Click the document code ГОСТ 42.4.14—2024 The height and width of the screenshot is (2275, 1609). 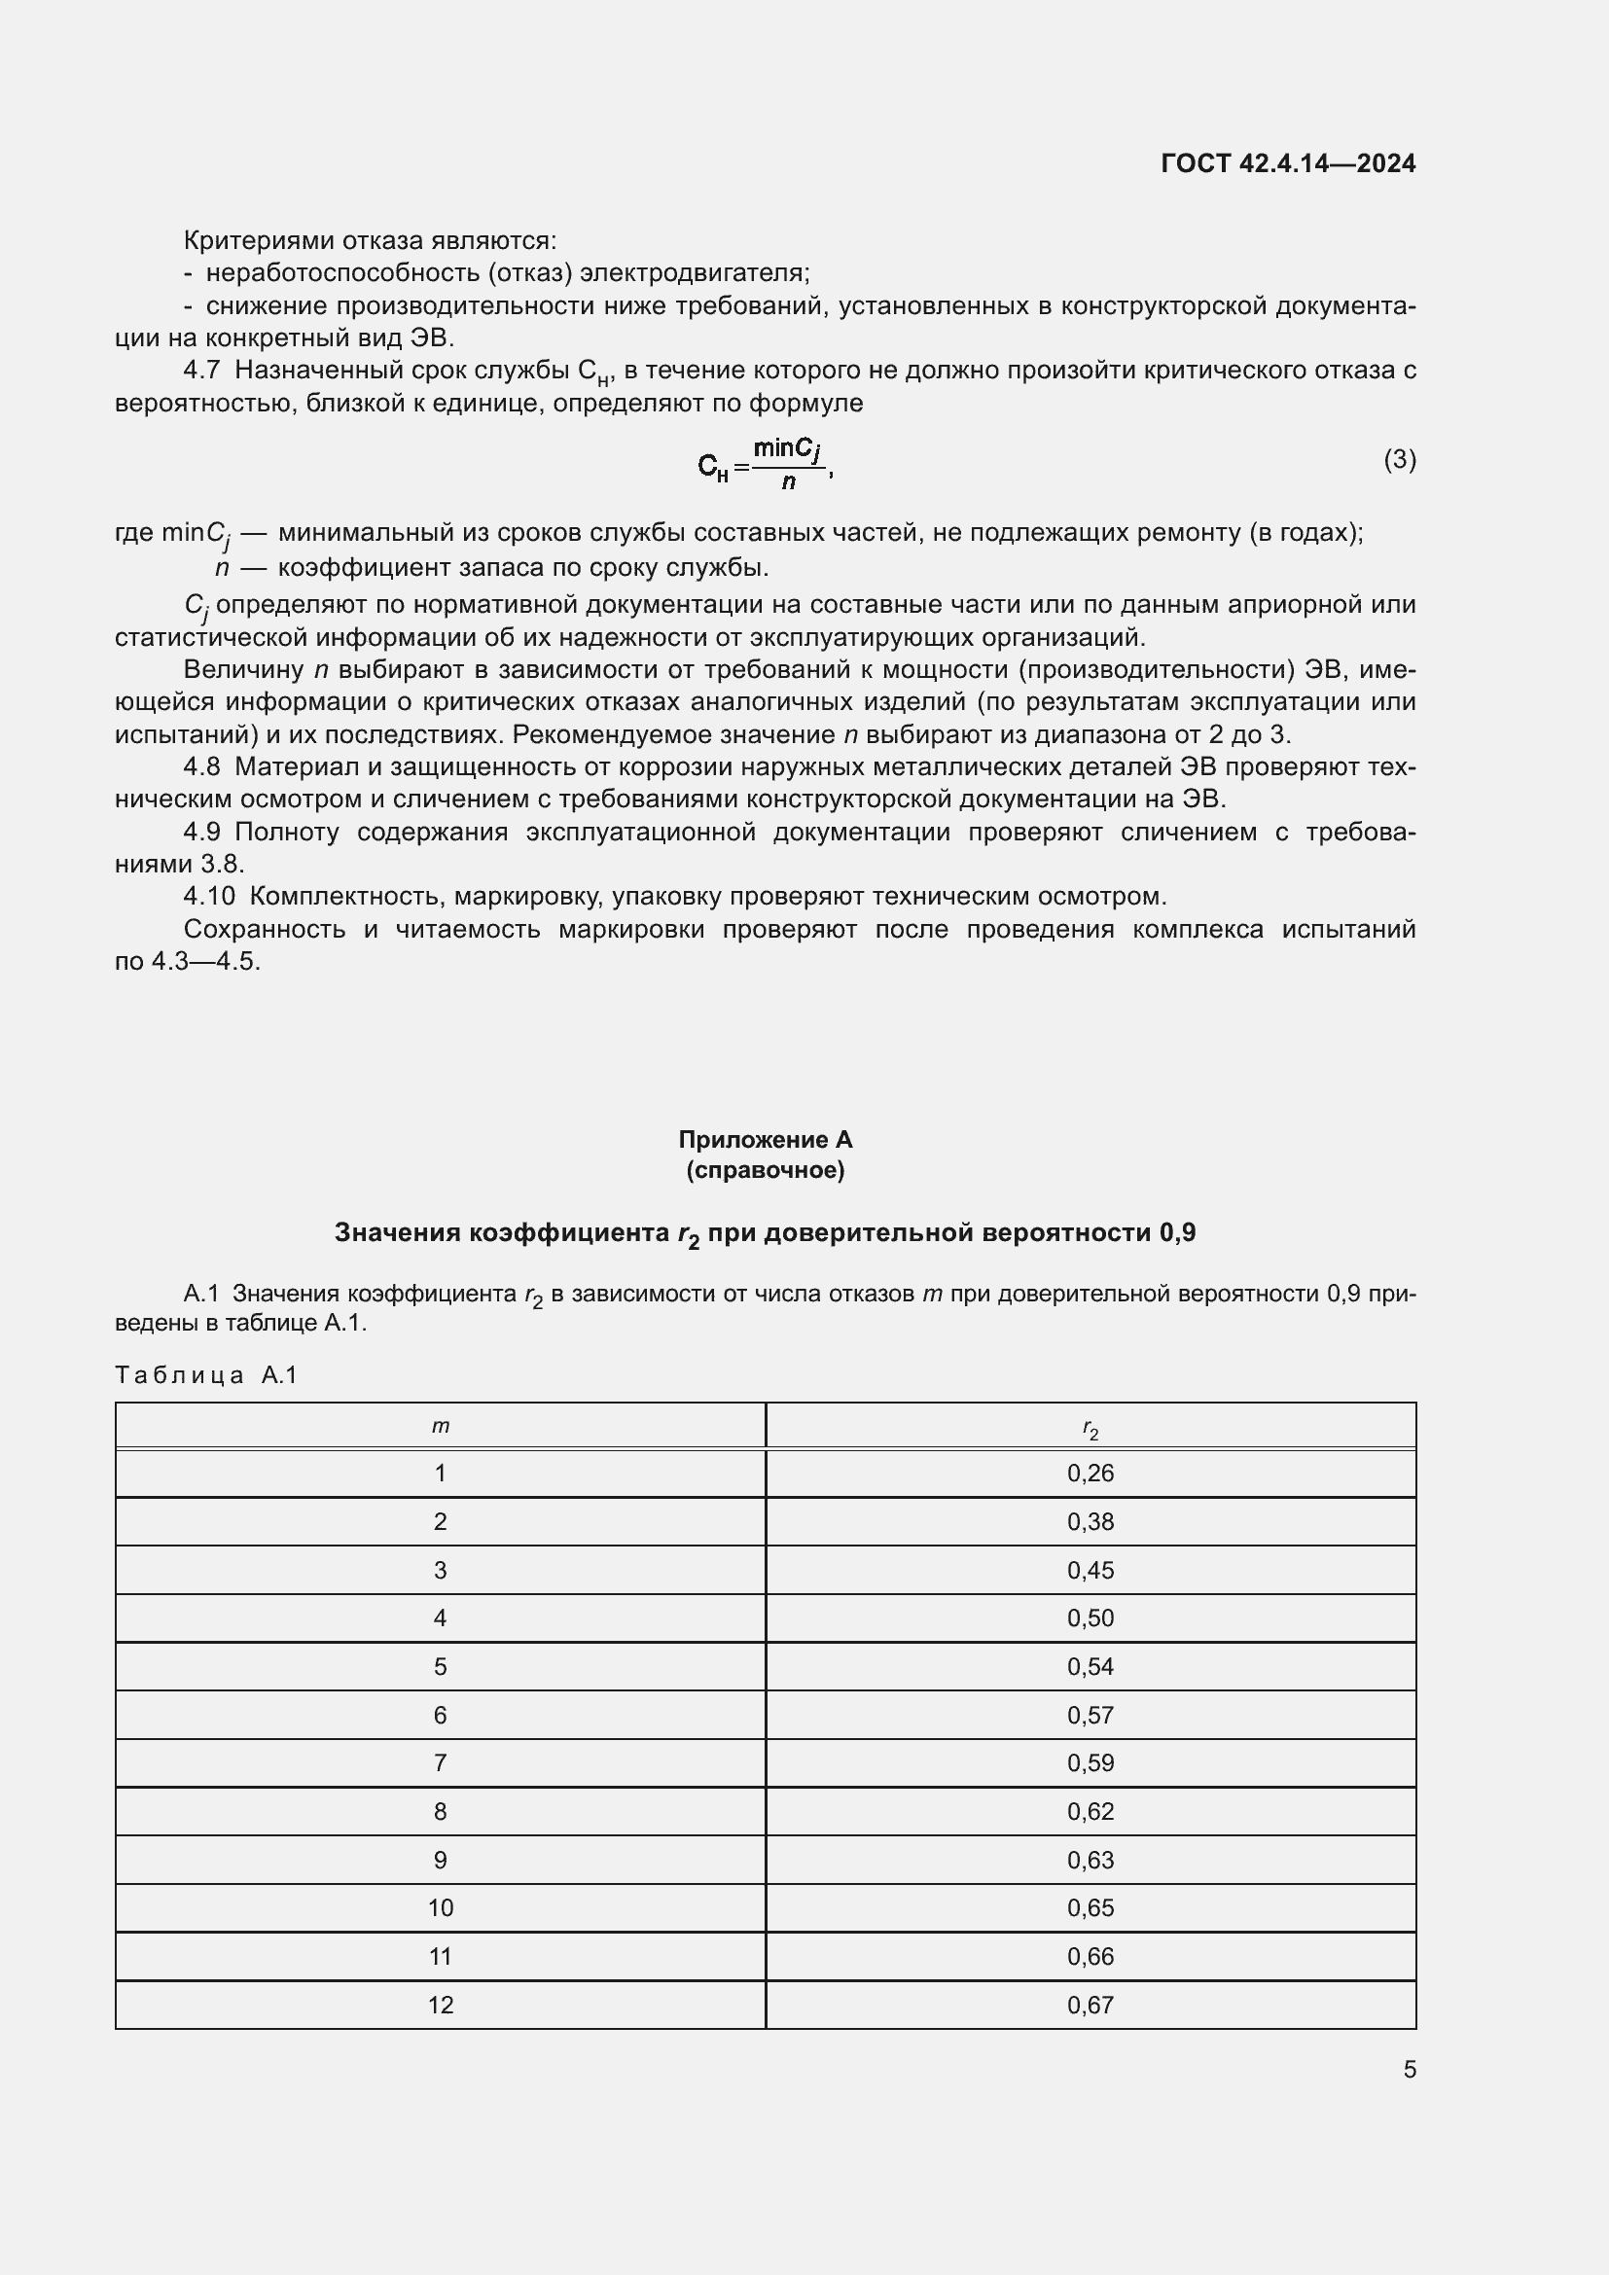1287,163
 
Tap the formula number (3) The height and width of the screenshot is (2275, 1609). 1399,459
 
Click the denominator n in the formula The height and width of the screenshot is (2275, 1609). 788,482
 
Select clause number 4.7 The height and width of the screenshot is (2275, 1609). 201,371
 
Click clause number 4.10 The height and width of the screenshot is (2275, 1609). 209,896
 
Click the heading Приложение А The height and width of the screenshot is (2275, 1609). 765,1140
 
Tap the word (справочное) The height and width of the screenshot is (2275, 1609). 765,1170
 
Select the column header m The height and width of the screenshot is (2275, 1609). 441,1426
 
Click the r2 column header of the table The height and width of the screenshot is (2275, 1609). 1090,1428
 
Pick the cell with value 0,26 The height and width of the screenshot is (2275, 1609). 1090,1474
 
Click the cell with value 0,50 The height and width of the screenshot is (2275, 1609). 1090,1618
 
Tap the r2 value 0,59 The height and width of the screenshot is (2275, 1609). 1090,1762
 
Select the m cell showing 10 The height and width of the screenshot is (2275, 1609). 441,1907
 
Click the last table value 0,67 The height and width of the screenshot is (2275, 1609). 1090,2005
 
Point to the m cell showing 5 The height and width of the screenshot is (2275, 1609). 441,1667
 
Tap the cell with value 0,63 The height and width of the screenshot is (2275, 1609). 1090,1860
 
